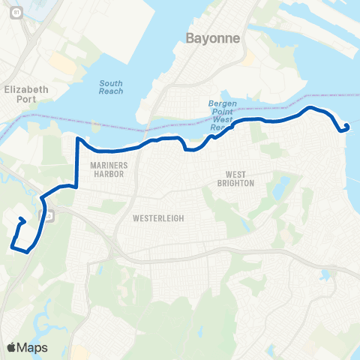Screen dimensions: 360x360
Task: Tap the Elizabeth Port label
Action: click(26, 94)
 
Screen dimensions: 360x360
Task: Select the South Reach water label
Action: click(112, 88)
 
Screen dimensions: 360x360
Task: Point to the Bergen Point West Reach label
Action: click(218, 116)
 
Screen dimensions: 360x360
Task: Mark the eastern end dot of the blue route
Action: click(346, 126)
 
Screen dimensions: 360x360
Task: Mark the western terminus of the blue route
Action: click(20, 220)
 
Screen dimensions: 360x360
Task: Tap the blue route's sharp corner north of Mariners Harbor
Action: click(77, 139)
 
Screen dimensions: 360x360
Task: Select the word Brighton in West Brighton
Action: click(236, 183)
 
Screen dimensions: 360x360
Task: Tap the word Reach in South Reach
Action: click(112, 91)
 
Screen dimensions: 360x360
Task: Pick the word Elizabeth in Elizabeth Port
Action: click(26, 89)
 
